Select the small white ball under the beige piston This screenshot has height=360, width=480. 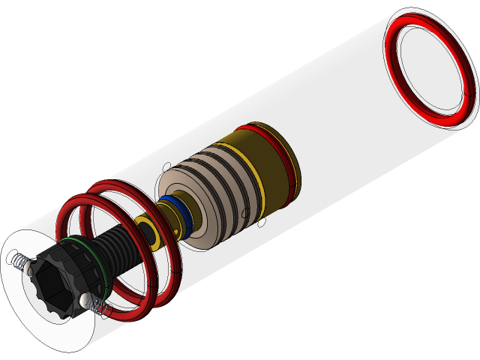click(262, 223)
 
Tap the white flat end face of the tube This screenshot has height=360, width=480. click(30, 315)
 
